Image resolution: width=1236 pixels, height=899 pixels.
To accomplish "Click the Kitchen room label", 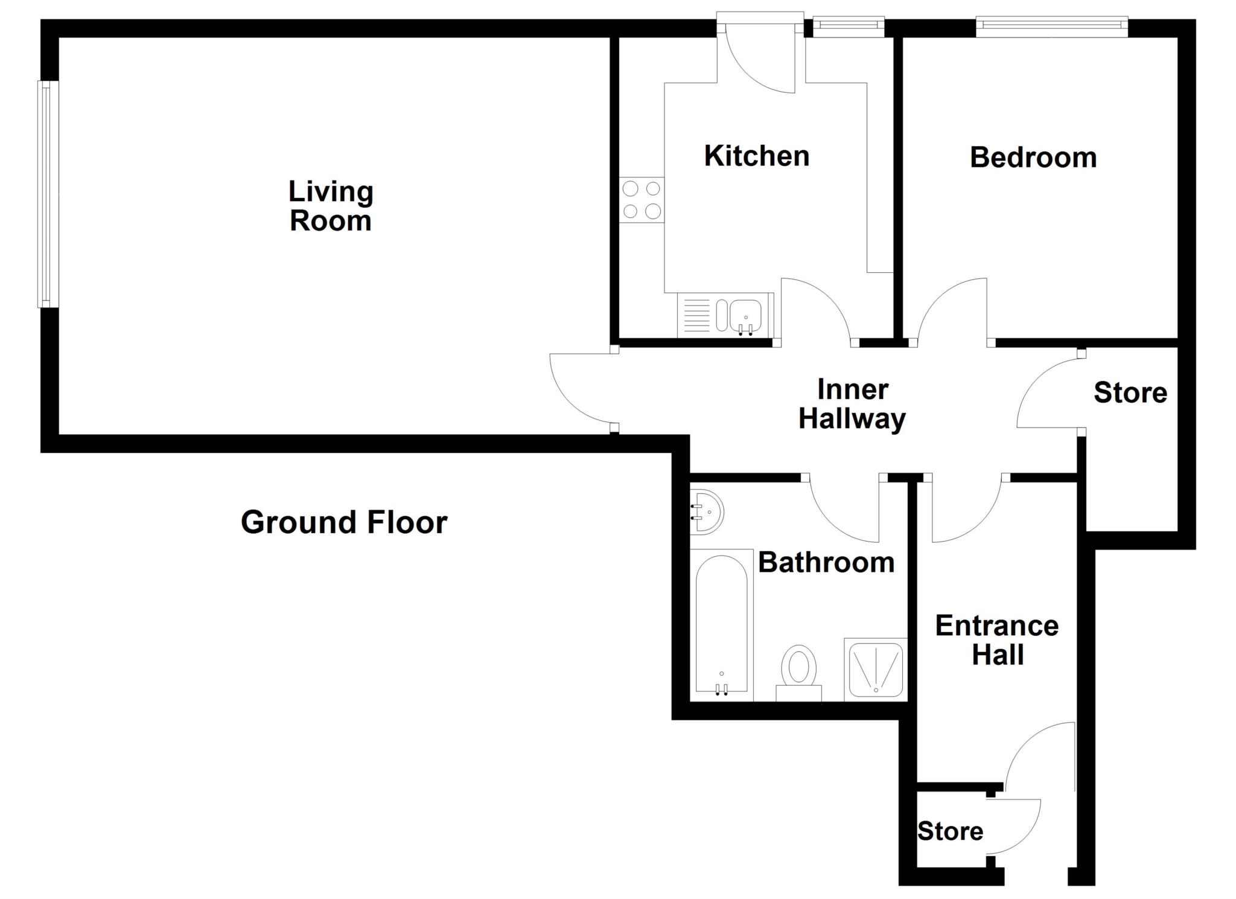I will (756, 156).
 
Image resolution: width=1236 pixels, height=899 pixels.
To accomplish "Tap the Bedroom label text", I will (1033, 158).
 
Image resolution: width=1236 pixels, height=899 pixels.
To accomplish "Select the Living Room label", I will (331, 206).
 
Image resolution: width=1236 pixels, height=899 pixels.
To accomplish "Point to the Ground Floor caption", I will (344, 522).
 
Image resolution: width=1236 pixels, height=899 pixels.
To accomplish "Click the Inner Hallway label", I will (852, 404).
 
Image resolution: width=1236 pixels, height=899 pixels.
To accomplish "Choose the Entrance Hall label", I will (996, 640).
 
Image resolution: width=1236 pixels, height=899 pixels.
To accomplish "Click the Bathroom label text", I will (826, 563).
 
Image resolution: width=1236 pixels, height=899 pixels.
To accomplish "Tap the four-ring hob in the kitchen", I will (642, 200).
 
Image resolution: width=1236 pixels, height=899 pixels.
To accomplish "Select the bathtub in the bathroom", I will (721, 625).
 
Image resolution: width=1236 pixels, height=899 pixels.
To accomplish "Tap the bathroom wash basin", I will (707, 512).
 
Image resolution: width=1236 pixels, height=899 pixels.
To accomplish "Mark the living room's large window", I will (48, 194).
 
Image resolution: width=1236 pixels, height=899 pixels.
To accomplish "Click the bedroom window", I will (1052, 25).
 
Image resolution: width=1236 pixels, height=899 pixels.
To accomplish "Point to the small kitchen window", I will (848, 25).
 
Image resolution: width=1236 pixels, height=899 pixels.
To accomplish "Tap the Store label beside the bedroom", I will (1130, 393).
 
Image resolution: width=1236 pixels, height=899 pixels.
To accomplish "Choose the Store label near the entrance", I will (950, 831).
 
